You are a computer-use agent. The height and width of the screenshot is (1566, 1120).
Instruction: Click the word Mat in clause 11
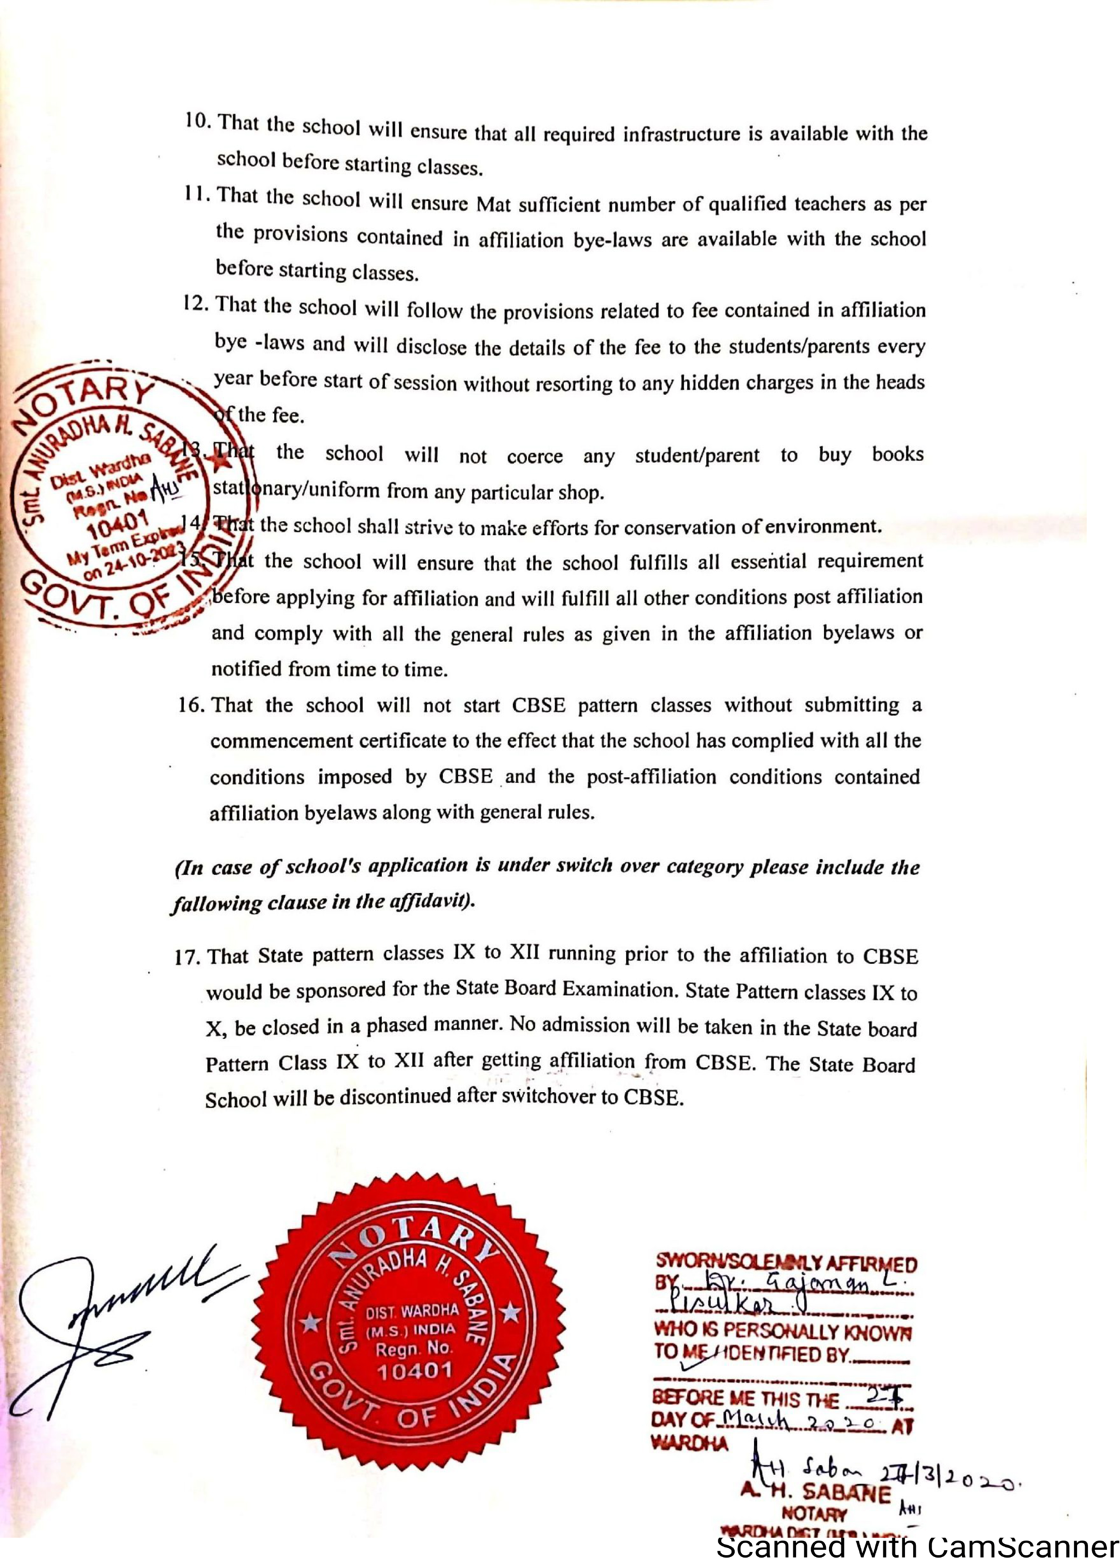coord(493,205)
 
